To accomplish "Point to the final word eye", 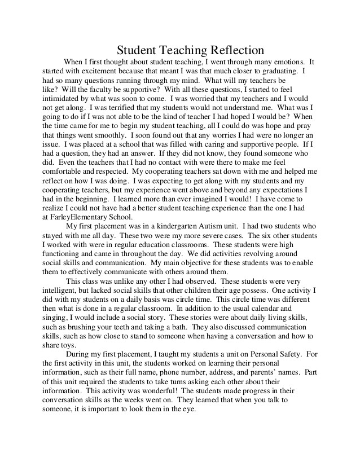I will [188, 410].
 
